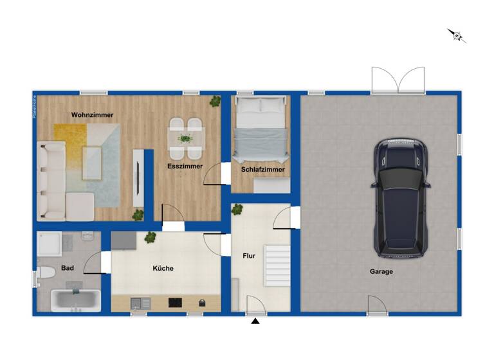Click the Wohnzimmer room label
click(x=93, y=115)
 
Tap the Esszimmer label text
click(x=185, y=166)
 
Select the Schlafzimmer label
click(x=262, y=170)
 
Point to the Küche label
click(x=163, y=268)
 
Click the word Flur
click(x=249, y=256)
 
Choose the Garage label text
click(x=381, y=271)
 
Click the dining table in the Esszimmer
click(x=186, y=138)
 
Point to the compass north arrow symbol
click(x=457, y=35)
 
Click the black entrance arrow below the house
click(x=255, y=321)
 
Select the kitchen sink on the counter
click(x=140, y=303)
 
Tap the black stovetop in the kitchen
click(x=176, y=302)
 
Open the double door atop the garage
click(x=398, y=80)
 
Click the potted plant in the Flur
click(x=237, y=209)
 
